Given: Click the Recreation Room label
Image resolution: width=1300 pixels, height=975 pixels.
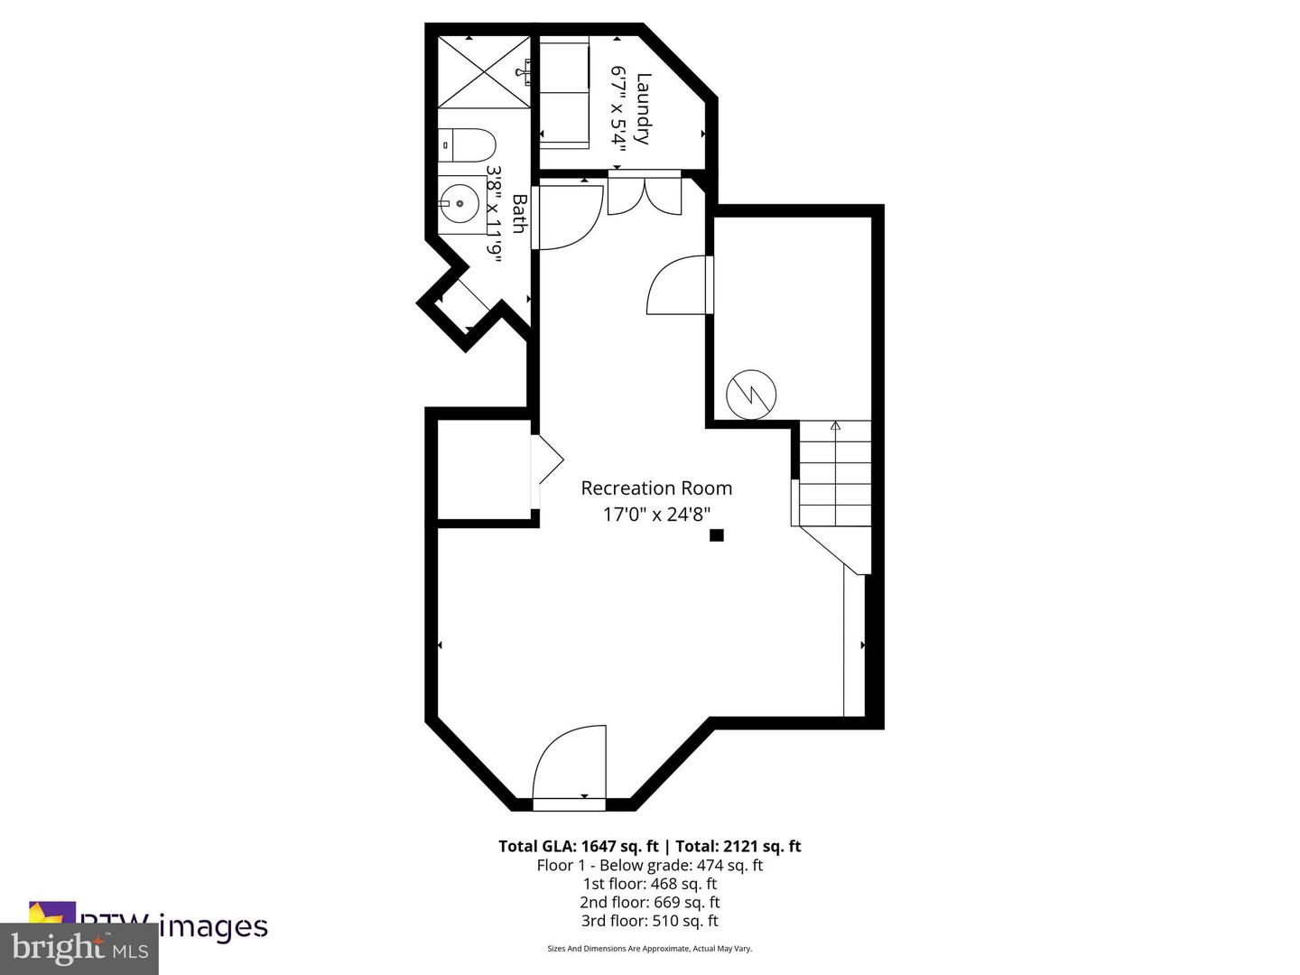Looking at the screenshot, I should click(656, 488).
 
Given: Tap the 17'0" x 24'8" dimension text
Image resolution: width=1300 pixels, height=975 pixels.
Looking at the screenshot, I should click(656, 515).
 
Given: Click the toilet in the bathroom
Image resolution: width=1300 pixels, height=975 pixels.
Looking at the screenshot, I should click(469, 145).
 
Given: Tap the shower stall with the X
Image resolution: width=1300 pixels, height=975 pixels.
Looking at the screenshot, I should click(483, 72).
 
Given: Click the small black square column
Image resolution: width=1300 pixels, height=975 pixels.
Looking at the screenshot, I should click(717, 535).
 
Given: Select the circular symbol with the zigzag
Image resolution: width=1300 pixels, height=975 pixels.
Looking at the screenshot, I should click(751, 394).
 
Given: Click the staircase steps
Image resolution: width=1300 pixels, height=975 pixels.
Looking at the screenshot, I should click(835, 474).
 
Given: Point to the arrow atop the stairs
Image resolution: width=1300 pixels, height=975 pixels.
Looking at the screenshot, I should click(835, 425).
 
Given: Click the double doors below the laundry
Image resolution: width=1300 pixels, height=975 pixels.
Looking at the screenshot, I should click(644, 194).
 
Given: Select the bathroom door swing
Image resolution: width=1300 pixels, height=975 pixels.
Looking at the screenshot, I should click(569, 217).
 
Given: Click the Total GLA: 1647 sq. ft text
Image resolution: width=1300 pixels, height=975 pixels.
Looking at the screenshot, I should click(579, 847).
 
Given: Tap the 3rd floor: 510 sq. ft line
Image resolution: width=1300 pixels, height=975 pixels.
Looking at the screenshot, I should click(649, 921).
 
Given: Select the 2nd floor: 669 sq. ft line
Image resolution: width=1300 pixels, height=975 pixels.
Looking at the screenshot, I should click(649, 902).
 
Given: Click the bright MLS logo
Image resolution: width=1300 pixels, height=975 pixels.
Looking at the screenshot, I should click(79, 949).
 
